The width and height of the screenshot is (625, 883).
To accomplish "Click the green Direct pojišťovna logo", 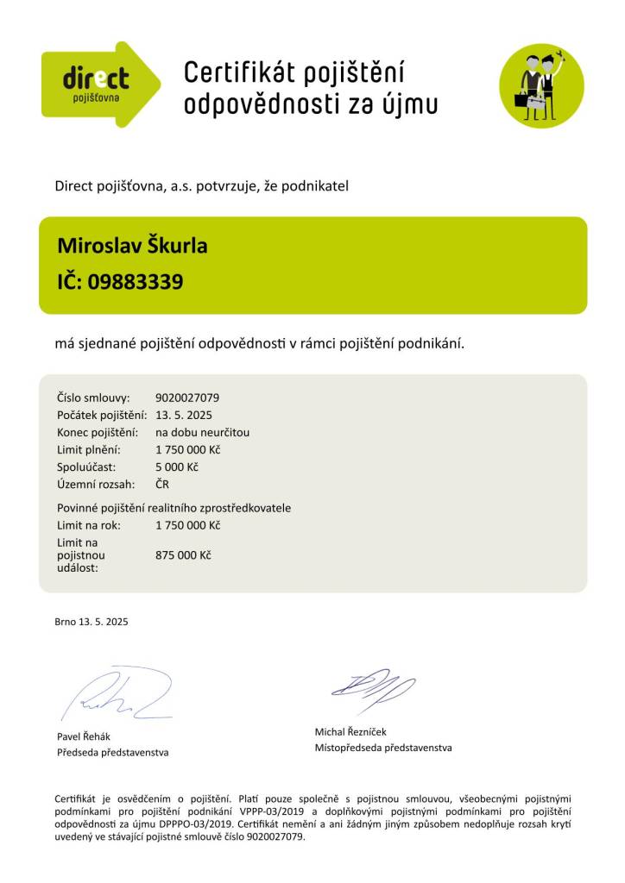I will (x=99, y=85).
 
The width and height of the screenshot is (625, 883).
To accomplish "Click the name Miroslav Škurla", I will (x=132, y=246).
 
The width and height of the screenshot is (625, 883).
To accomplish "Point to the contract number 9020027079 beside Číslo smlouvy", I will (x=187, y=398).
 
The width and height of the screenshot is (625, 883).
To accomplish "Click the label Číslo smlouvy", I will (x=93, y=398).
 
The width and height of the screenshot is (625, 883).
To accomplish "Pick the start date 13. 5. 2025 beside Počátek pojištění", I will (x=183, y=415).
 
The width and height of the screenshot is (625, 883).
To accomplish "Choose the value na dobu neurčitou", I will (x=202, y=432).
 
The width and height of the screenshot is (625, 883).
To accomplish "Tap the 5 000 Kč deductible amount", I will (x=177, y=467).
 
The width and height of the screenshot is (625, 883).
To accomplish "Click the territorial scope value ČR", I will (x=162, y=484).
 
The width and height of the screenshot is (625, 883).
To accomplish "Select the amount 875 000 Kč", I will (x=183, y=554).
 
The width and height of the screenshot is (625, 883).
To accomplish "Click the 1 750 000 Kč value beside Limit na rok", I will (x=187, y=525).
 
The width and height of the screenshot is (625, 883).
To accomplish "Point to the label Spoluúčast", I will (x=86, y=467).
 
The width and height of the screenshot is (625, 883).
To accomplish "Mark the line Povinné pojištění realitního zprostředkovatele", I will (x=174, y=508).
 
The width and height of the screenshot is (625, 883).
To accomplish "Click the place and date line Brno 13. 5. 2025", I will (x=91, y=621).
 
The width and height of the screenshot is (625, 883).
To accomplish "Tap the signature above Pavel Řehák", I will (x=117, y=695).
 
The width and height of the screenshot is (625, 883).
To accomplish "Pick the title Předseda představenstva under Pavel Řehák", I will (x=112, y=752).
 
